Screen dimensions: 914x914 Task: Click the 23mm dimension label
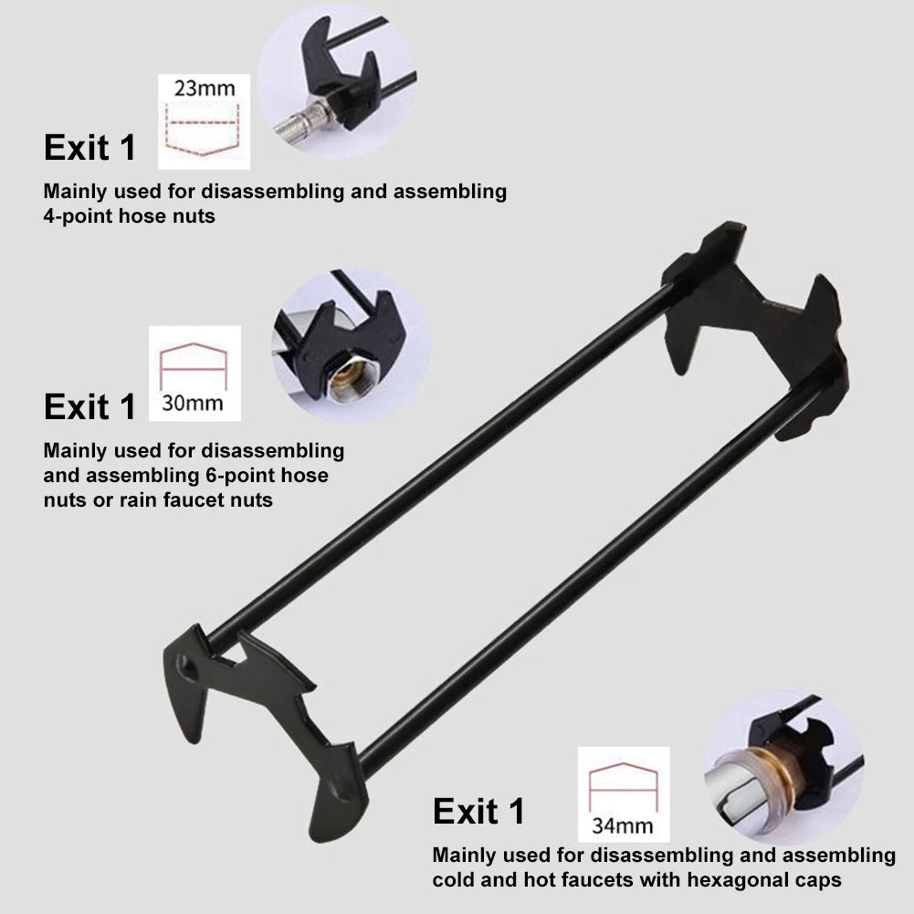click(205, 89)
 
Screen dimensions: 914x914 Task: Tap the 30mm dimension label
click(193, 403)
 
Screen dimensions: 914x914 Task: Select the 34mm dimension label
click(623, 825)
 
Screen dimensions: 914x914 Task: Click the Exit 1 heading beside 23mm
click(89, 148)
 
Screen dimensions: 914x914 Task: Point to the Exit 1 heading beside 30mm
click(89, 406)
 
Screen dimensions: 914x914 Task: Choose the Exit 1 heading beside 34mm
click(478, 811)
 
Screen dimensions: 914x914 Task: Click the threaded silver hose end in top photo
click(302, 121)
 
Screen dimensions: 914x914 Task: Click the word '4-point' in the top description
click(79, 216)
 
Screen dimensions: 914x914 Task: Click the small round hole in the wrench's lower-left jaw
click(187, 668)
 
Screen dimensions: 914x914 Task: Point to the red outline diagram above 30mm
click(193, 365)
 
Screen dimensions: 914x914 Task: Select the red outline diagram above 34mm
click(623, 786)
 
